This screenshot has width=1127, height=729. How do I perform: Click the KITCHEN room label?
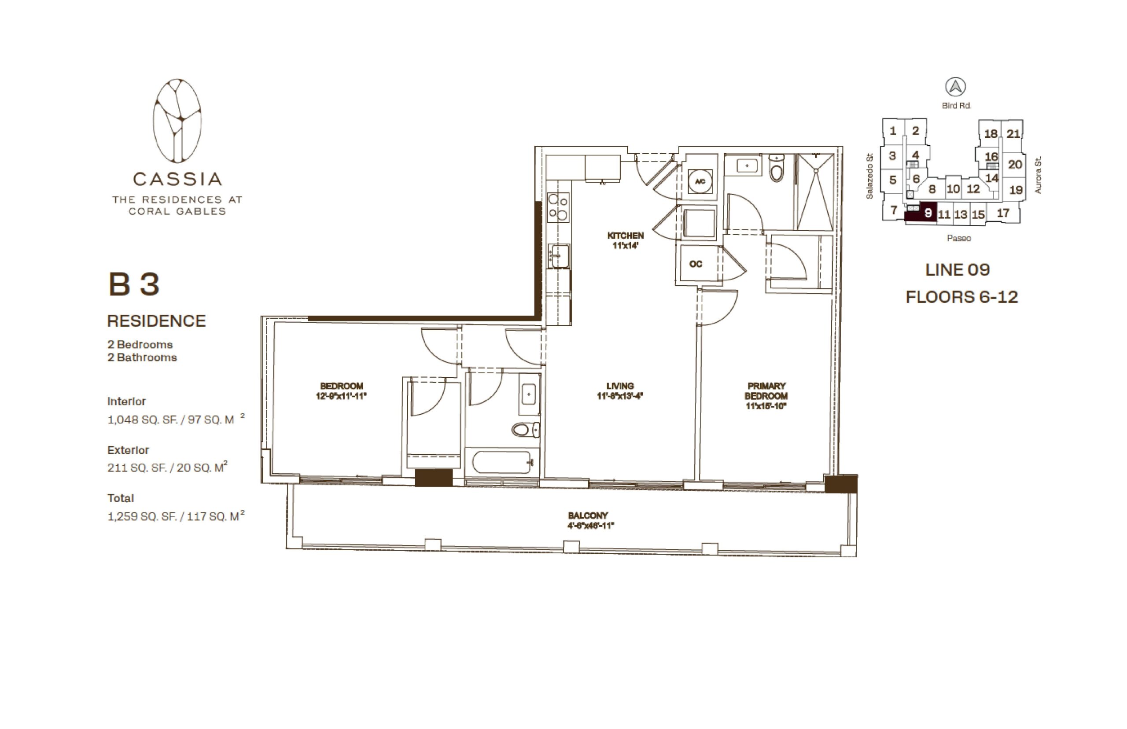point(625,235)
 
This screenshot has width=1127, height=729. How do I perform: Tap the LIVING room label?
point(619,386)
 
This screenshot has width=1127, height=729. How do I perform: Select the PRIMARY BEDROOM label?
point(766,391)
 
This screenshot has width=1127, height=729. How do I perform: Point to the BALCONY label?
point(587,515)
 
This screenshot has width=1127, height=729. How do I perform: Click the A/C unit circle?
point(700,181)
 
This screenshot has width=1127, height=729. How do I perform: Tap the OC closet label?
point(695,264)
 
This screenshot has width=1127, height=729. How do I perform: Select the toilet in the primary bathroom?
point(776,168)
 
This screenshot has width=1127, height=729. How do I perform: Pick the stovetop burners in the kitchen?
point(558,207)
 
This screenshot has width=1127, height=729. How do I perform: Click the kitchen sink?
point(559,256)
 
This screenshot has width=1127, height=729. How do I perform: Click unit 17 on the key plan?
point(1002,213)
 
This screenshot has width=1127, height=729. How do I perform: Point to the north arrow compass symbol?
point(955,87)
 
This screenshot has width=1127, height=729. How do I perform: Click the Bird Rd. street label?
point(957,106)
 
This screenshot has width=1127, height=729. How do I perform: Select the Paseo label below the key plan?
point(958,238)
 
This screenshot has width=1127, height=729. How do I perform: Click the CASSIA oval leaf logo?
point(177,120)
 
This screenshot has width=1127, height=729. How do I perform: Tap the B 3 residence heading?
point(134,284)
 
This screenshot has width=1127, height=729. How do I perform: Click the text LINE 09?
point(957,270)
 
